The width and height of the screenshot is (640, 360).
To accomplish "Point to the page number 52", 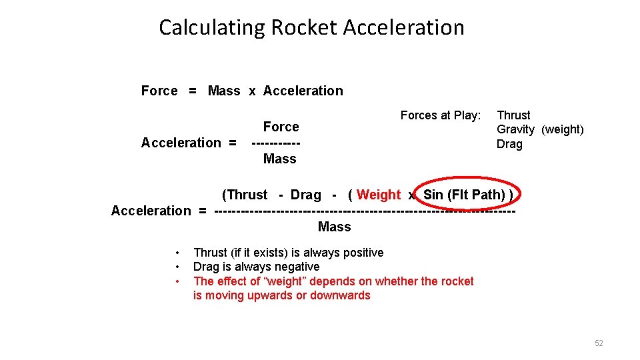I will click(x=599, y=343).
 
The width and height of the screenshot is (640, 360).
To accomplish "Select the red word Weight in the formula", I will click(x=379, y=195).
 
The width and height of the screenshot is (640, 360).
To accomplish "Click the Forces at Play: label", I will click(x=440, y=115).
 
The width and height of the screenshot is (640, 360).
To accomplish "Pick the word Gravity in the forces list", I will click(x=515, y=129).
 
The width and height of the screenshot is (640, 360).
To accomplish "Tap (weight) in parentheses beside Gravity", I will click(x=562, y=129).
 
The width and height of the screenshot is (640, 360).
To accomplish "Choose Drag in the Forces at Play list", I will click(x=509, y=144).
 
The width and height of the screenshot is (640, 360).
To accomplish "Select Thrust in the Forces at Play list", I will click(x=513, y=115).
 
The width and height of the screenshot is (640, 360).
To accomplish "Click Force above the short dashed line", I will click(x=281, y=127).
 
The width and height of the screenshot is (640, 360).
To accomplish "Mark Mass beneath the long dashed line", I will click(x=334, y=227).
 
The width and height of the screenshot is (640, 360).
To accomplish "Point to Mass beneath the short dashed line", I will click(x=279, y=159).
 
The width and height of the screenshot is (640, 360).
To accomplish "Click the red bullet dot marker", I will click(x=177, y=281).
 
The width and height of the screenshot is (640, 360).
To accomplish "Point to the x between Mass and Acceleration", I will click(x=252, y=91).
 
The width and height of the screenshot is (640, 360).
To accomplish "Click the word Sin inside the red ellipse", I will click(x=433, y=195).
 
